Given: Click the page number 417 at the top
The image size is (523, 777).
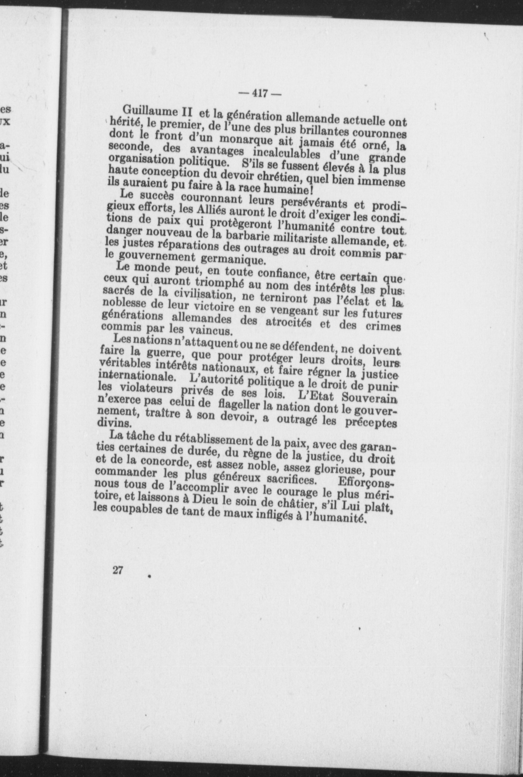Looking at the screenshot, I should tap(254, 93).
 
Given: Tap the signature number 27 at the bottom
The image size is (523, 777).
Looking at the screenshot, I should tap(118, 571).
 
